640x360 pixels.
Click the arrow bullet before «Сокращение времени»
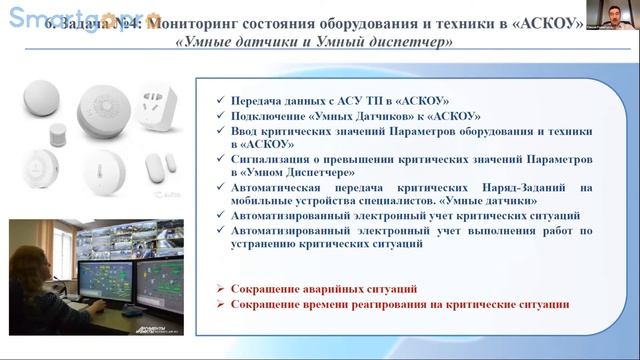(x=220, y=304)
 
